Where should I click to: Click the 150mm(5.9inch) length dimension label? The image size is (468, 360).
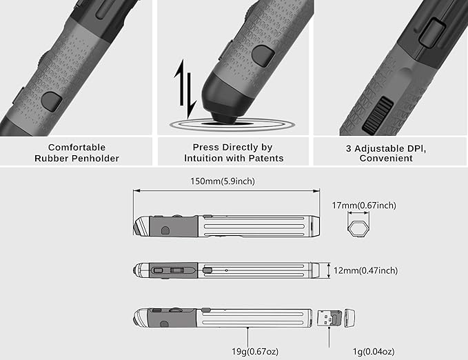(x=223, y=181)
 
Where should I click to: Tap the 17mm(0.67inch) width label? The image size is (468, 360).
(x=364, y=206)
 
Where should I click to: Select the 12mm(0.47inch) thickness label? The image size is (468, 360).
(x=365, y=270)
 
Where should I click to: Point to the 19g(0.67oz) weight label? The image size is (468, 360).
(x=255, y=352)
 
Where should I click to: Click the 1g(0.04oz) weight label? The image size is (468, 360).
(x=374, y=352)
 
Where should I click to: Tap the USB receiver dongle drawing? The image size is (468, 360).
(x=329, y=318)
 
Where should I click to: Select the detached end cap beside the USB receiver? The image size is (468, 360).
(x=350, y=318)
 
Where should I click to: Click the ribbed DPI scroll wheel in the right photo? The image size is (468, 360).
(x=377, y=114)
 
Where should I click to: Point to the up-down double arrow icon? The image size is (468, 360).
(x=185, y=89)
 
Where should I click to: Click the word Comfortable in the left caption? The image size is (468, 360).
(x=77, y=148)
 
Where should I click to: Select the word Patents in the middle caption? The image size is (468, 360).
(x=266, y=158)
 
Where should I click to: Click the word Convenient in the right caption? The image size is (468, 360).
(x=386, y=159)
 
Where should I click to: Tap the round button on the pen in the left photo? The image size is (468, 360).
(x=52, y=102)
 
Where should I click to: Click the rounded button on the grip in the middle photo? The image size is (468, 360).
(x=263, y=56)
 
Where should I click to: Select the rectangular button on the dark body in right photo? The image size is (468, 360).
(x=431, y=31)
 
